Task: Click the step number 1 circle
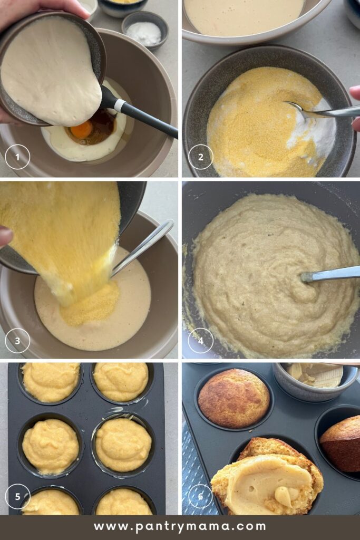[x=17, y=157]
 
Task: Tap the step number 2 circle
[x=201, y=157]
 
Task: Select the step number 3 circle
[x=17, y=341]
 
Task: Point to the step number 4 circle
[x=201, y=341]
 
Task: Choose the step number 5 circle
[x=17, y=496]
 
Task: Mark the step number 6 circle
[x=201, y=496]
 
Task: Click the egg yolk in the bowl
[x=82, y=131]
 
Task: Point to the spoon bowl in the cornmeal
[x=296, y=107]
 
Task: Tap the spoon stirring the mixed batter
[x=330, y=274]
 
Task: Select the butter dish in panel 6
[x=315, y=381]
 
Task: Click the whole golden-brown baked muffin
[x=233, y=398]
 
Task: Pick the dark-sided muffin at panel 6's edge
[x=340, y=444]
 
